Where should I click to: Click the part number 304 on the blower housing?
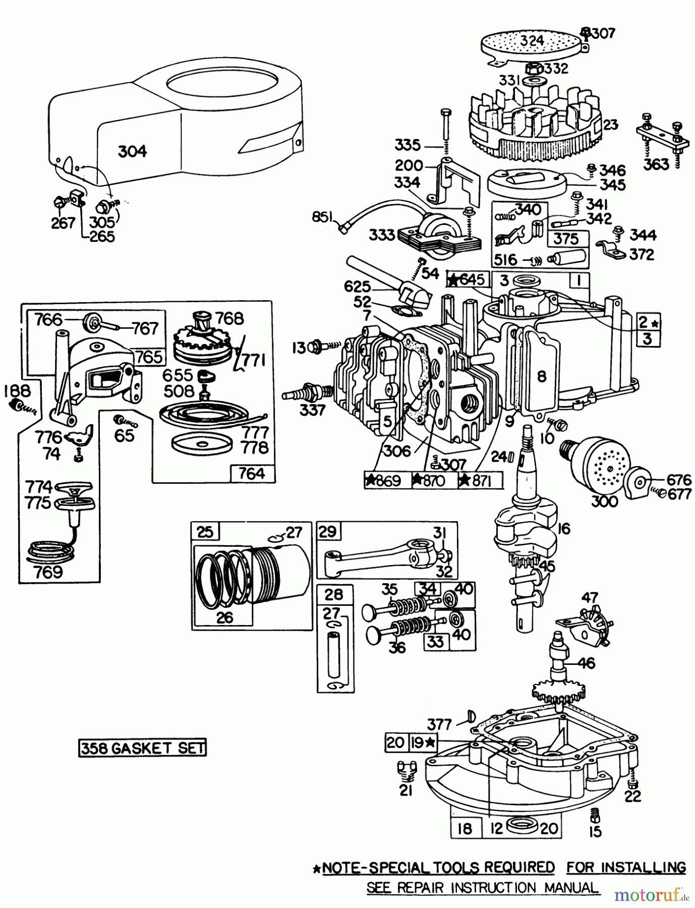click(x=132, y=151)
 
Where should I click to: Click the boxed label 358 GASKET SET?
click(x=143, y=748)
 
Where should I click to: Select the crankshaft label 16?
click(x=563, y=528)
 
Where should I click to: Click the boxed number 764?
click(x=252, y=473)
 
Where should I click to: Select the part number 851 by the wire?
click(x=322, y=217)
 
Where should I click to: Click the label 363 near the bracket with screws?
click(x=657, y=164)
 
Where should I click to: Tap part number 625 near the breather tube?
click(x=358, y=287)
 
